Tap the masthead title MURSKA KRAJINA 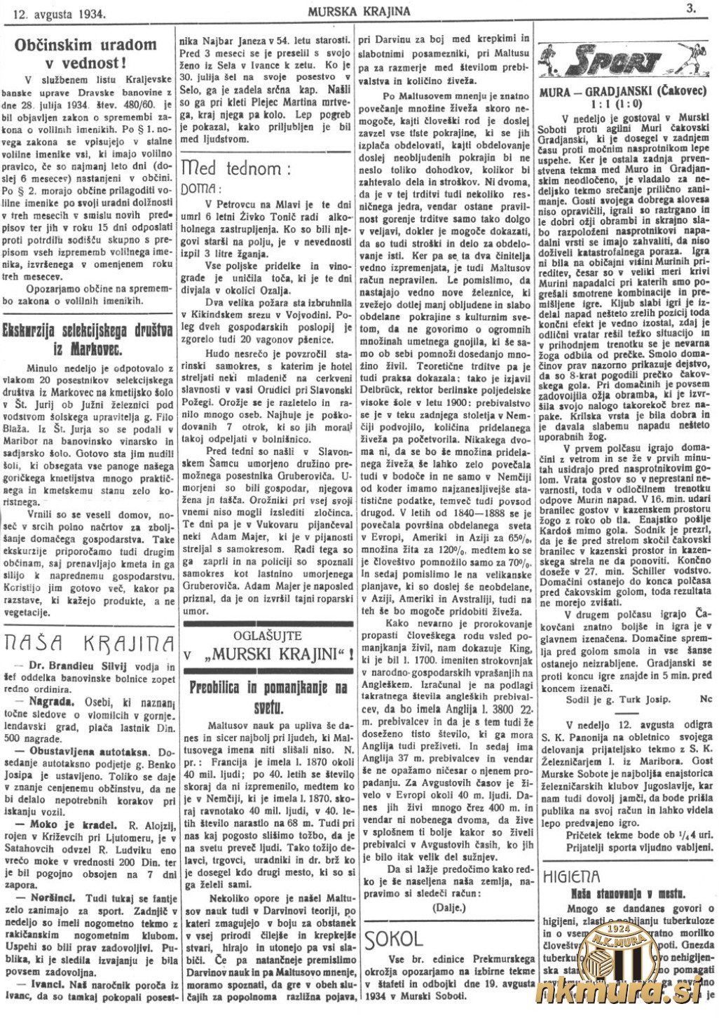(358, 11)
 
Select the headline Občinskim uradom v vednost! (86, 53)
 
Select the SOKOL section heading (395, 939)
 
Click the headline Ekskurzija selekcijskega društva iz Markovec (89, 339)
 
